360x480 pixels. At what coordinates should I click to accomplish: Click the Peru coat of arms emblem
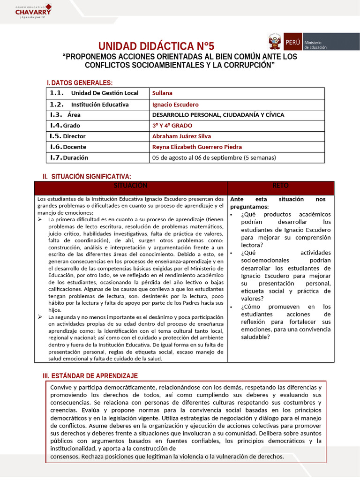pyautogui.click(x=275, y=42)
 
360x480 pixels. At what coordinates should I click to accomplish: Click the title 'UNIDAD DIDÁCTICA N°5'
pyautogui.click(x=156, y=46)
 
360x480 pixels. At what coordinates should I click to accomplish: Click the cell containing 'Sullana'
pyautogui.click(x=162, y=93)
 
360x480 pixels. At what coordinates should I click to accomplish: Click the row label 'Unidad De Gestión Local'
pyautogui.click(x=105, y=93)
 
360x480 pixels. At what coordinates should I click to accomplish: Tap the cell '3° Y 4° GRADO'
pyautogui.click(x=172, y=125)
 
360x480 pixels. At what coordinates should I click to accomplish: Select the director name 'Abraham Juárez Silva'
pyautogui.click(x=181, y=136)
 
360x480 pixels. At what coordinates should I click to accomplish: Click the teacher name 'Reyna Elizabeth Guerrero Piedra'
pyautogui.click(x=197, y=147)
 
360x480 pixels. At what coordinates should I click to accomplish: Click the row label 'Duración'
pyautogui.click(x=75, y=157)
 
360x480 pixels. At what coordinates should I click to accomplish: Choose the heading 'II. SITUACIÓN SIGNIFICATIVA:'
pyautogui.click(x=87, y=176)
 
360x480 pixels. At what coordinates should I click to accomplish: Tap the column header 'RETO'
pyautogui.click(x=280, y=186)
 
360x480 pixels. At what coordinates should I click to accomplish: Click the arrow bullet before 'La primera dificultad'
pyautogui.click(x=40, y=219)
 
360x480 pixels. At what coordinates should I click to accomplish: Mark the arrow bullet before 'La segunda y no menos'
pyautogui.click(x=40, y=317)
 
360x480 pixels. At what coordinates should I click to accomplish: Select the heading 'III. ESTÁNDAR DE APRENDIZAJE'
pyautogui.click(x=90, y=376)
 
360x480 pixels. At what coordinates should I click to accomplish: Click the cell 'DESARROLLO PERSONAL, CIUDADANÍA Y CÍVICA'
pyautogui.click(x=218, y=114)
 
